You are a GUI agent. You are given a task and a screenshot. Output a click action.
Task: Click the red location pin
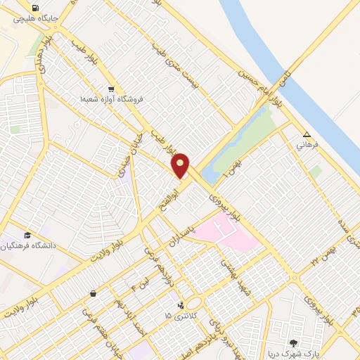pos(181,165)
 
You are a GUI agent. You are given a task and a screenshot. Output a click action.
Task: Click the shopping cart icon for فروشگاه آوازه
pos(111,89)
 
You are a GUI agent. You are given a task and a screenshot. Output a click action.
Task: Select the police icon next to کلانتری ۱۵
pos(183,305)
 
